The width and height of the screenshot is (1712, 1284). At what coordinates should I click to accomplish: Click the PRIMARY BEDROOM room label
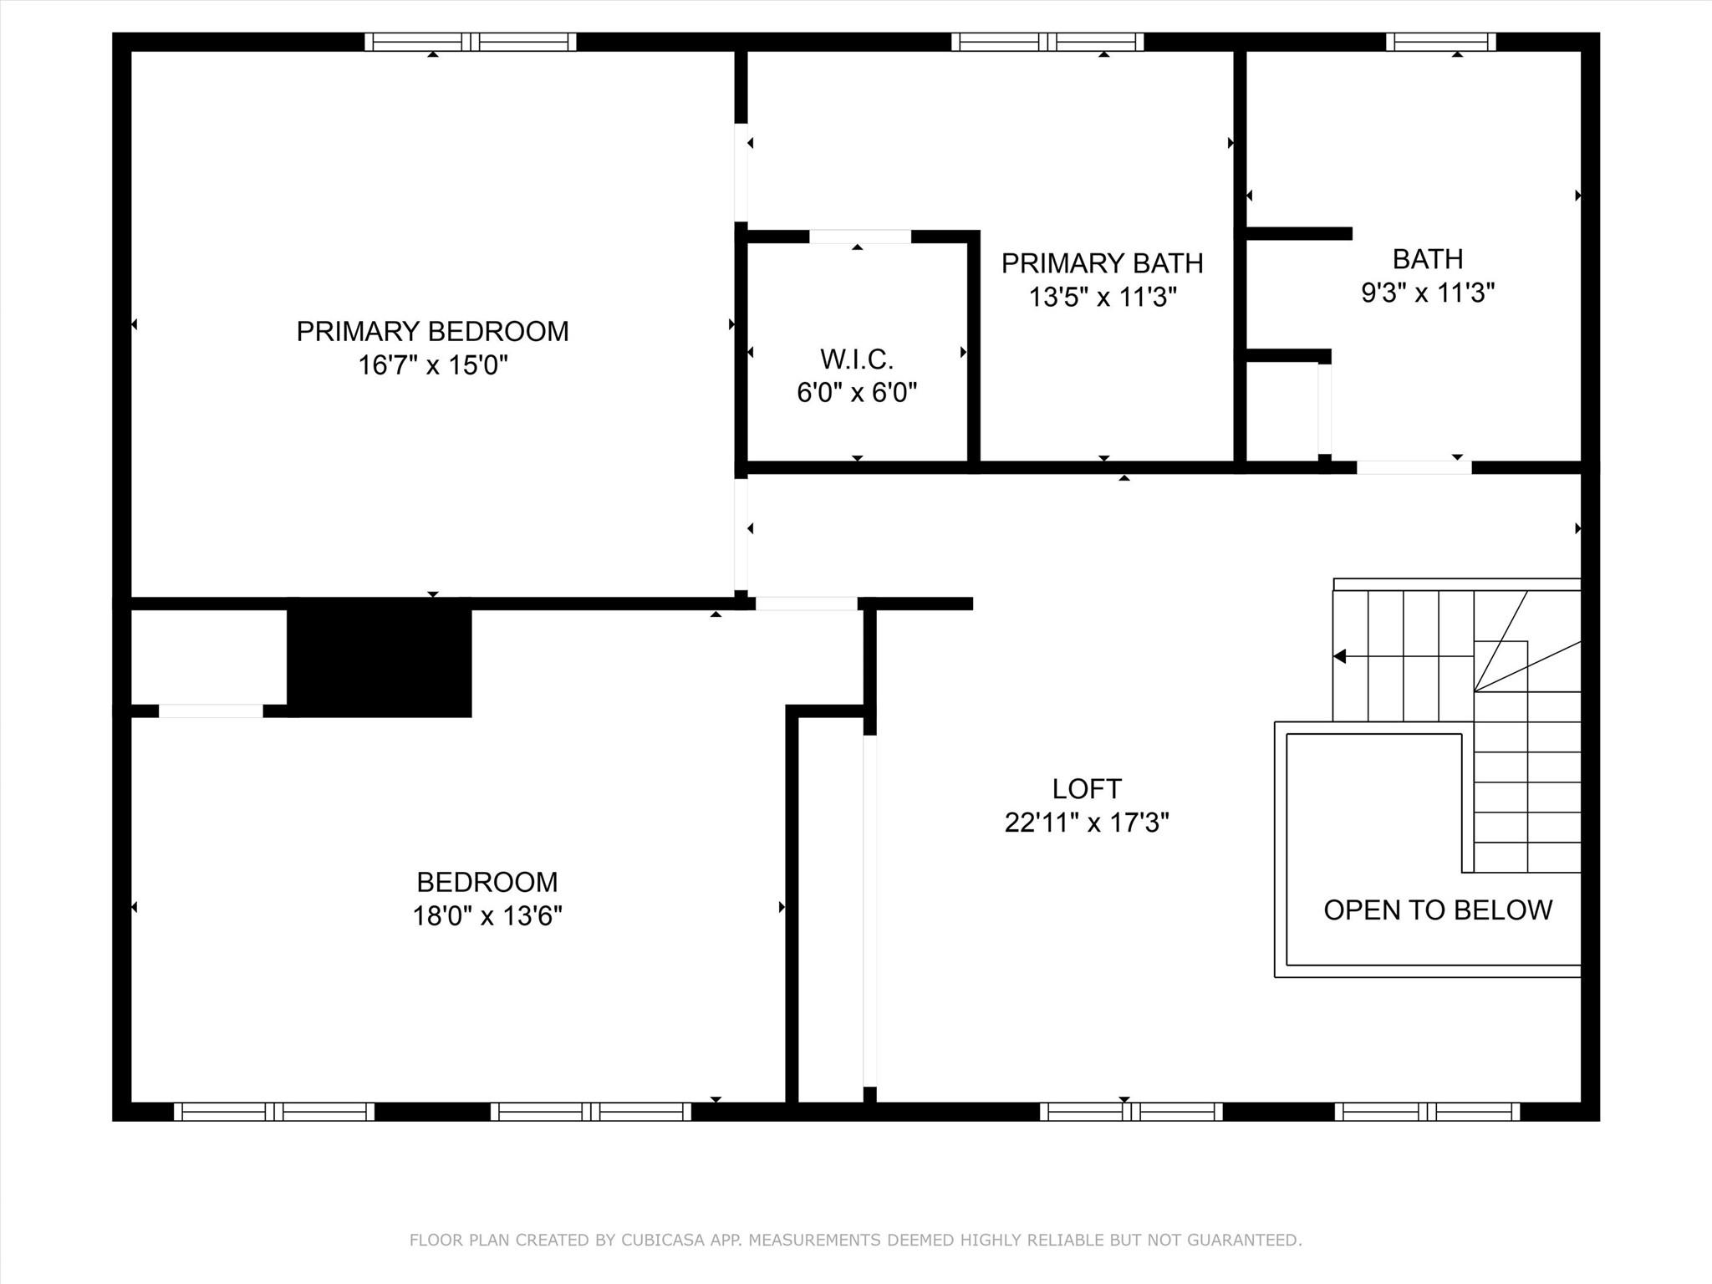(432, 331)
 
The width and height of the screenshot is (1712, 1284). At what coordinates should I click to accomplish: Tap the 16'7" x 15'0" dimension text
(433, 365)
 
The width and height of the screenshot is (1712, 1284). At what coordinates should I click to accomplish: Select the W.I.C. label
(857, 359)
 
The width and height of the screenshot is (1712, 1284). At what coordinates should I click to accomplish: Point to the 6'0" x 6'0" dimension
(857, 392)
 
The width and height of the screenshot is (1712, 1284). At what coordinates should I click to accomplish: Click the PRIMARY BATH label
(1103, 263)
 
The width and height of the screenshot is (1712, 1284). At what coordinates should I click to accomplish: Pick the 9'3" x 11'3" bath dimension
(1428, 293)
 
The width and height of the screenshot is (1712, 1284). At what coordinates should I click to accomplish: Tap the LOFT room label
(1087, 788)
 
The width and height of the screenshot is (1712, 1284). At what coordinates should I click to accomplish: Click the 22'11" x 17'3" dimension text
(1087, 823)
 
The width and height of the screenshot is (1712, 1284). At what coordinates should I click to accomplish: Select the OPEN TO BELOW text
(1438, 909)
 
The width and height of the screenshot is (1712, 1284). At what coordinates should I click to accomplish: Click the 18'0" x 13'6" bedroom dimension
(487, 916)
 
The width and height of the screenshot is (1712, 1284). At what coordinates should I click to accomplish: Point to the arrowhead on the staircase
(1339, 656)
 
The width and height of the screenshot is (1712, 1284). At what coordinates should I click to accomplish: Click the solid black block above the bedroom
(380, 657)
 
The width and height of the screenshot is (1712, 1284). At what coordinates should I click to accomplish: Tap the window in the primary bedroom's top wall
(471, 42)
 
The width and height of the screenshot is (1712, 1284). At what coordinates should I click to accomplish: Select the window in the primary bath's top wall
(1047, 42)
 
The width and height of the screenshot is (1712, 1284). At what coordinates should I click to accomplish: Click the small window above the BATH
(1441, 42)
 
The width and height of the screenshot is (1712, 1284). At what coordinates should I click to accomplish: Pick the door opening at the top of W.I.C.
(860, 237)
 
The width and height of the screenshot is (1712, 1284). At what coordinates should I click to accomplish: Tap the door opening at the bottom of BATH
(1414, 467)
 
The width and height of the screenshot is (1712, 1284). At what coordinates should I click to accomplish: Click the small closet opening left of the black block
(211, 711)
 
